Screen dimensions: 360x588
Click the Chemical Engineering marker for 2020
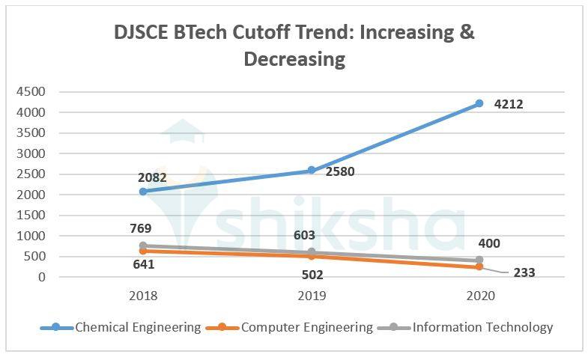(479, 103)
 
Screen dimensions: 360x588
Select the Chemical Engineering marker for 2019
(311, 171)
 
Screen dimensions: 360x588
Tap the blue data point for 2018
(143, 191)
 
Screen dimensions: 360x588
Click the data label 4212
(509, 104)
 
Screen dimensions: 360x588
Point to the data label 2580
(340, 171)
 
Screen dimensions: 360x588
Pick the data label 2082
(152, 178)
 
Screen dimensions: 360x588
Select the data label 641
(144, 263)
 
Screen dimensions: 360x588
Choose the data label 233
(524, 273)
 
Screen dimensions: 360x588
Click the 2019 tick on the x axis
(311, 296)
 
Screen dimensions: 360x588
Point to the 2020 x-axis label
(479, 296)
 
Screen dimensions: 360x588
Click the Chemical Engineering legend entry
(121, 327)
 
